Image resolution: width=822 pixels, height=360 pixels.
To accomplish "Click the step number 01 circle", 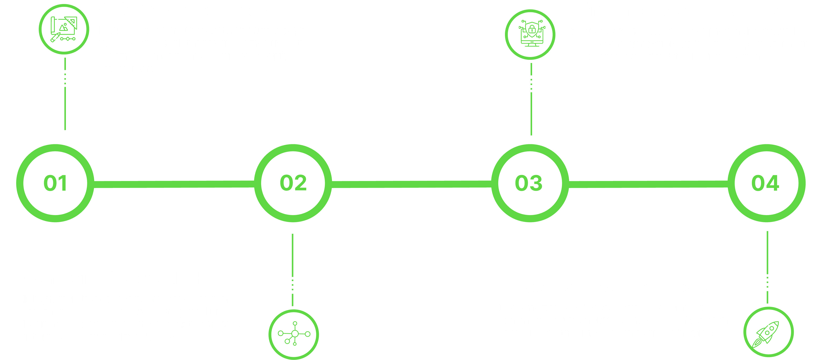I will pyautogui.click(x=55, y=183).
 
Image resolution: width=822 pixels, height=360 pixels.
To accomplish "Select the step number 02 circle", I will pyautogui.click(x=293, y=183).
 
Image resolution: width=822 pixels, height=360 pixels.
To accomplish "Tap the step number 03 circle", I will pyautogui.click(x=530, y=183).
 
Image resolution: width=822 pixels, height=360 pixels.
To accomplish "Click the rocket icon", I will pyautogui.click(x=768, y=333).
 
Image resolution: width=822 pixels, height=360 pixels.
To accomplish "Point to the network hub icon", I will pyautogui.click(x=294, y=334).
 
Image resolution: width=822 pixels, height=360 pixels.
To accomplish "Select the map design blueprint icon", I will pyautogui.click(x=64, y=29).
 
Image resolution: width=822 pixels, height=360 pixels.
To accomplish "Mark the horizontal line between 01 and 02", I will pyautogui.click(x=174, y=184).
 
